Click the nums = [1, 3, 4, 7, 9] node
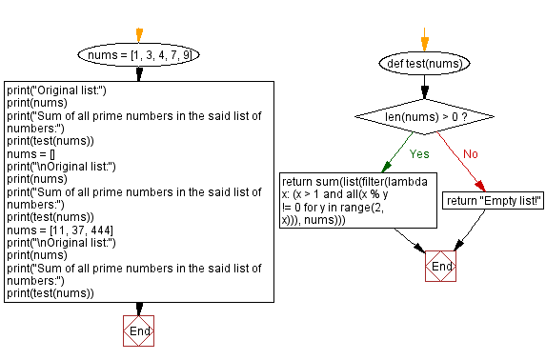point(139,56)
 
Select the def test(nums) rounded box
point(425,63)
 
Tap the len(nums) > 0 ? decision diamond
point(425,117)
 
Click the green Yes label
point(418,152)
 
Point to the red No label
point(472,152)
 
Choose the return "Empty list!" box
point(494,200)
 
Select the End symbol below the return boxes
point(441,267)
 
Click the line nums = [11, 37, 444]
point(53,230)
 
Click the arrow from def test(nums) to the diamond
point(425,86)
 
